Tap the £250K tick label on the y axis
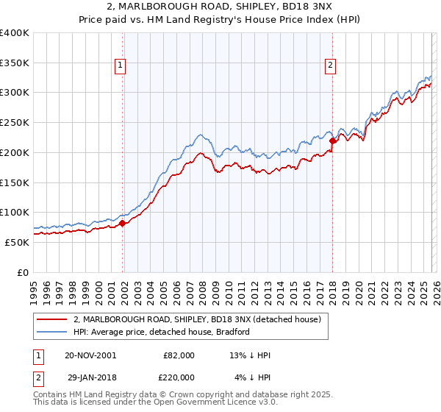click(x=15, y=123)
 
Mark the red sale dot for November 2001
click(x=123, y=224)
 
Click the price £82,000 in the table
click(x=179, y=355)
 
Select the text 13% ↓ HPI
click(x=251, y=355)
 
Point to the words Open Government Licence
click(x=219, y=402)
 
